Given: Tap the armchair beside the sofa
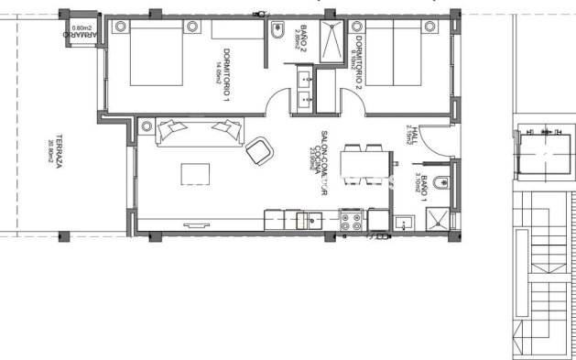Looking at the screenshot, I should (259, 148).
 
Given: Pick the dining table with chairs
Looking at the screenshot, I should (364, 166).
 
